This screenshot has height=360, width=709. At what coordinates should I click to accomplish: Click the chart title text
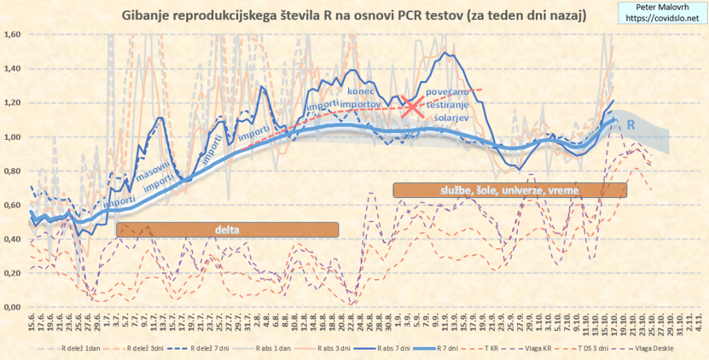(354, 15)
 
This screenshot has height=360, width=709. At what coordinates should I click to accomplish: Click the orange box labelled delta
(227, 229)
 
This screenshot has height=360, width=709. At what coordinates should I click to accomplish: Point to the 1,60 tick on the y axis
(13, 35)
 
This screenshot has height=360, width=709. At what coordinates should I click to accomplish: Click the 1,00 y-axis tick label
(13, 137)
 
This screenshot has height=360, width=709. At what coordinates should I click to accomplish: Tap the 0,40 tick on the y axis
(13, 240)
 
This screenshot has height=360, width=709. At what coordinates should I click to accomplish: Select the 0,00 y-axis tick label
(13, 307)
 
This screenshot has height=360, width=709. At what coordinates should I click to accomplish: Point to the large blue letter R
(631, 125)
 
